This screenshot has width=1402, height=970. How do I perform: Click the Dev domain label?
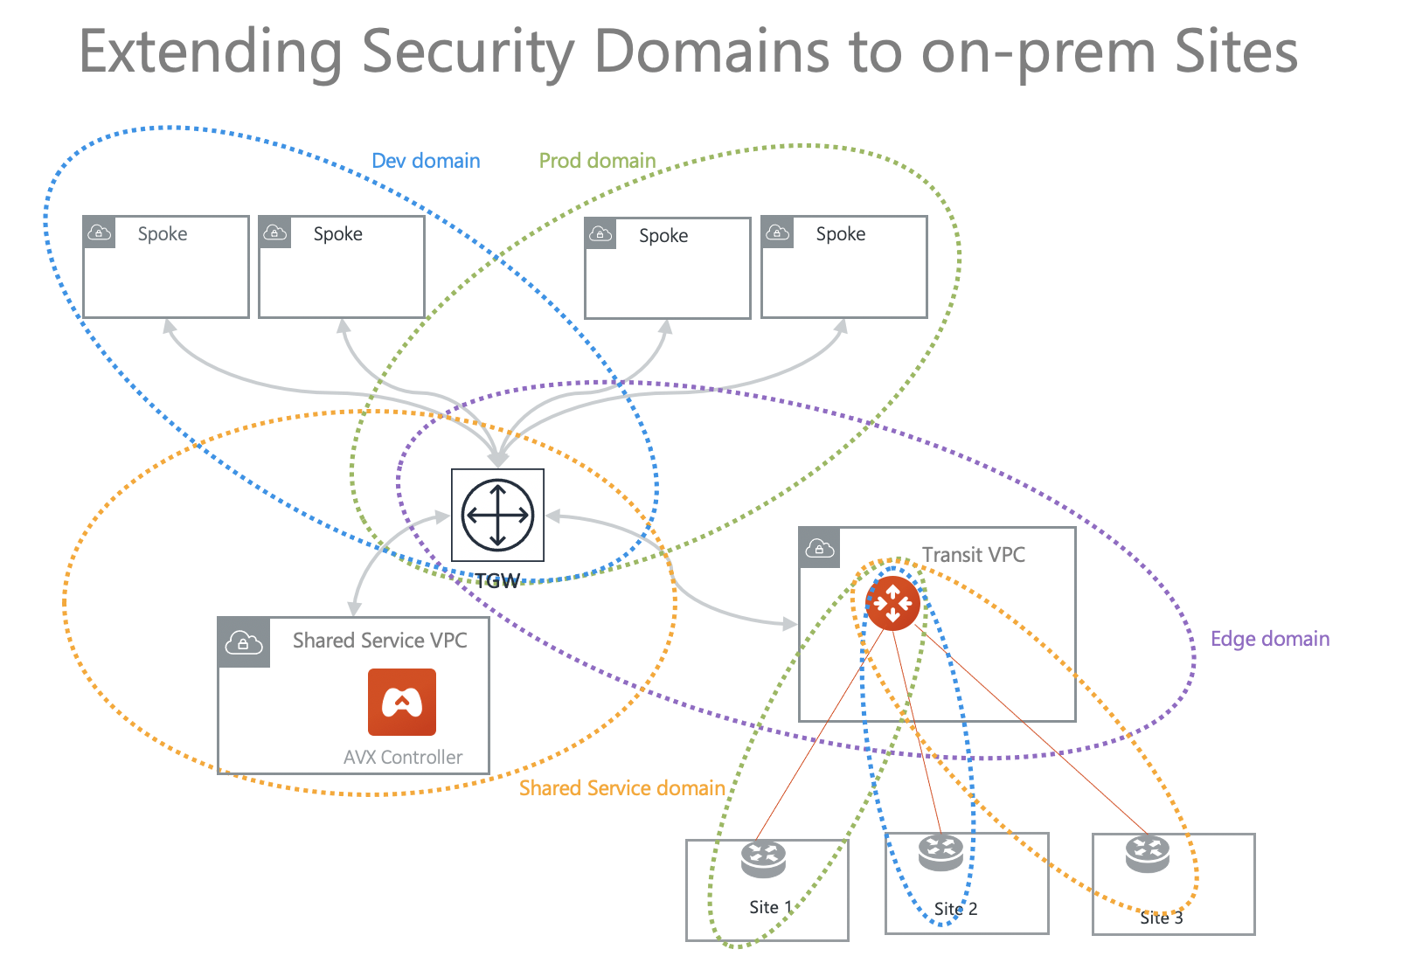click(426, 161)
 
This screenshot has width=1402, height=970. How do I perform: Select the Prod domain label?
click(597, 161)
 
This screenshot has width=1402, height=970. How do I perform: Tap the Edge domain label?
click(1269, 639)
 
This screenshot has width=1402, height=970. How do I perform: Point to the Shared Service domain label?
click(621, 788)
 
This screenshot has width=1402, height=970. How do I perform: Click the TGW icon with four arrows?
click(497, 515)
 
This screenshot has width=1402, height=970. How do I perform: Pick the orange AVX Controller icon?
click(402, 702)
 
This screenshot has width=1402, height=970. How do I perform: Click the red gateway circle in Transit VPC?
click(892, 603)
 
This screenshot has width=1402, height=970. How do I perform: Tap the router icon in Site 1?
click(763, 858)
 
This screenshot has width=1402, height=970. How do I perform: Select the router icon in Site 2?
click(940, 852)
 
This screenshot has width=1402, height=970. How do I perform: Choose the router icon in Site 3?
click(1147, 854)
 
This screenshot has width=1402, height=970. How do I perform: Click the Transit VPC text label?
click(973, 555)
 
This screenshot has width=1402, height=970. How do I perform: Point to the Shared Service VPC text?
click(379, 641)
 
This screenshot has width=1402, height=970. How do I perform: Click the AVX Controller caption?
click(403, 757)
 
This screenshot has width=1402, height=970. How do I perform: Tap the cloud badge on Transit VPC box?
click(819, 548)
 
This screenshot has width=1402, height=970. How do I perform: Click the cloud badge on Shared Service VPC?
click(244, 643)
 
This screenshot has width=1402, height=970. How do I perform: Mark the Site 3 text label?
click(1161, 918)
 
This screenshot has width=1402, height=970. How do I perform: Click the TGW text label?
click(497, 581)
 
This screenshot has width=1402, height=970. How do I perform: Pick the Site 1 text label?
click(770, 907)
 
